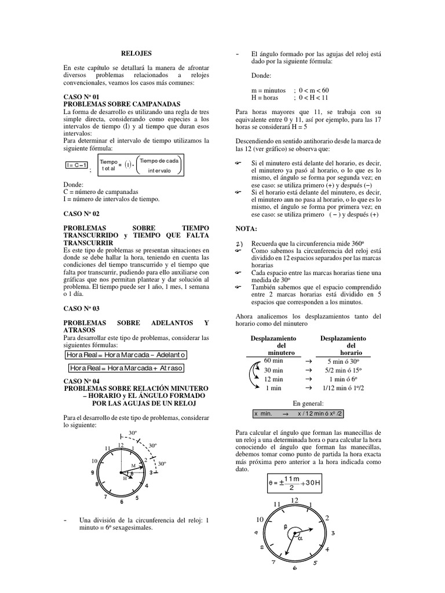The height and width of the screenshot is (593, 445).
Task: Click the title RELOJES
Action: [x=139, y=53]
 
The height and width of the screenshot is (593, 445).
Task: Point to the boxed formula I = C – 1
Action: [x=77, y=165]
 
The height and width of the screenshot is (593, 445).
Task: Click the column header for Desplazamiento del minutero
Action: [x=273, y=345]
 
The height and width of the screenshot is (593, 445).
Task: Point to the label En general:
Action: [x=308, y=403]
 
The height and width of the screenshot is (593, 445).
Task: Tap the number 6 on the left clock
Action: [x=122, y=502]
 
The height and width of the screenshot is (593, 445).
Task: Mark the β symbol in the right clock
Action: [x=285, y=527]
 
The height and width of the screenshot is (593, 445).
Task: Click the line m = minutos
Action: [x=269, y=90]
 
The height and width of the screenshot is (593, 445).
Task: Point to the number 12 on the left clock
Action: [x=121, y=445]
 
